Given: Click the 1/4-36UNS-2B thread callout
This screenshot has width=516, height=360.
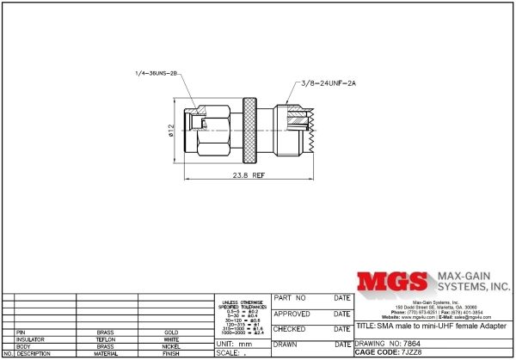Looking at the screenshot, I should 156,73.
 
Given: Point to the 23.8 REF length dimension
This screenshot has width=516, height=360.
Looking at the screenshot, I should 247,174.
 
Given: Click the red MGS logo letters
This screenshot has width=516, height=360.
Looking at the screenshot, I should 392,283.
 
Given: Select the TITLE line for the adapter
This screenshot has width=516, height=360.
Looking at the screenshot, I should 430,327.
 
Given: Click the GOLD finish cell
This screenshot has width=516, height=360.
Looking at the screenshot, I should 171,332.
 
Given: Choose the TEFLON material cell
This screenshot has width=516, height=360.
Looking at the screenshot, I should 106,339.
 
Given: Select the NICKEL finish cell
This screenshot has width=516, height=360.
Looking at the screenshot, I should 171,346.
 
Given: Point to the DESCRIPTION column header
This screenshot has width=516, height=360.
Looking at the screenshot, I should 34,353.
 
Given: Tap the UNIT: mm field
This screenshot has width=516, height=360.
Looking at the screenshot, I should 233,343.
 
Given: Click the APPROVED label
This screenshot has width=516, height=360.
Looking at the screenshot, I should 292,314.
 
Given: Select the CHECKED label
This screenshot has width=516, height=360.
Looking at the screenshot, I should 291,328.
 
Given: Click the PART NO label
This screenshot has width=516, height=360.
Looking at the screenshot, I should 290,298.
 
